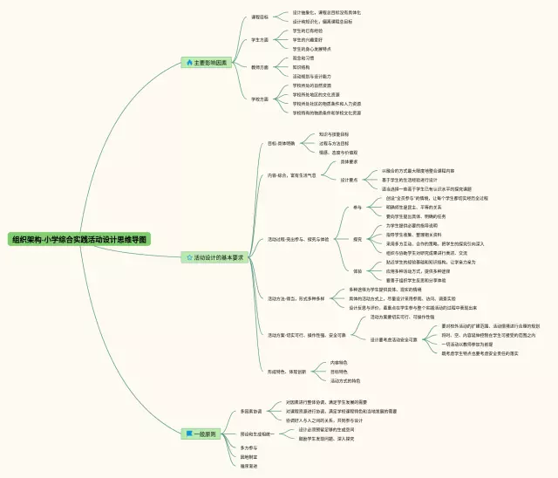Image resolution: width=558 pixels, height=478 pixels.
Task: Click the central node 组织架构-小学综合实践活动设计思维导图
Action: (79, 238)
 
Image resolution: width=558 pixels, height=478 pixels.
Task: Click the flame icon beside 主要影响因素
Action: (188, 63)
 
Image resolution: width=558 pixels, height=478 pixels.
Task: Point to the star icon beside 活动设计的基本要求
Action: (188, 257)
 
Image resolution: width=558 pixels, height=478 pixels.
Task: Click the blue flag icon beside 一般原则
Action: (188, 433)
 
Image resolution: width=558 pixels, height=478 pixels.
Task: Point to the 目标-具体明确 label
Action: (281, 142)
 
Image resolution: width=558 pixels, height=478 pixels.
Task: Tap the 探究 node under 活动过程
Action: (357, 238)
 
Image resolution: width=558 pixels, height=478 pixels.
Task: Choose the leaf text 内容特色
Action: (338, 363)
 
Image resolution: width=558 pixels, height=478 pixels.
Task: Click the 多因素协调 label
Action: (251, 410)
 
